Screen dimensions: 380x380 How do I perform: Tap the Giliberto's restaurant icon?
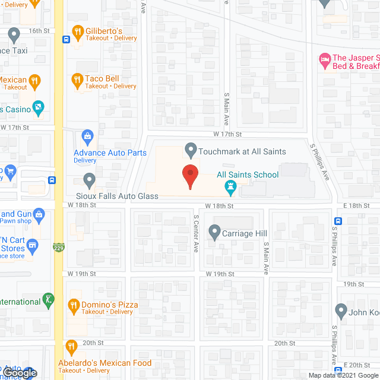point(77,31)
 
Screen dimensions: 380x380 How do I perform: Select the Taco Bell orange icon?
point(77,79)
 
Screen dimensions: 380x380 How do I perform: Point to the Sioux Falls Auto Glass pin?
point(89,179)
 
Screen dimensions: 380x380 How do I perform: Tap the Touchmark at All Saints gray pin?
point(191,149)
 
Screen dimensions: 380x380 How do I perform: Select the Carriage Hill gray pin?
point(214,232)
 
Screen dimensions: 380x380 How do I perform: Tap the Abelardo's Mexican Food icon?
point(71,347)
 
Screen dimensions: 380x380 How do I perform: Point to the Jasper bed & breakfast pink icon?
point(324,59)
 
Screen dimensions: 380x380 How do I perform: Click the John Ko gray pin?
point(341,310)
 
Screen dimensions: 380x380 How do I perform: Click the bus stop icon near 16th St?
point(65,40)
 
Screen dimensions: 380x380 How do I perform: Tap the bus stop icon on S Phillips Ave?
point(337,221)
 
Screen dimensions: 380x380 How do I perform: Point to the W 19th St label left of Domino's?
point(82,274)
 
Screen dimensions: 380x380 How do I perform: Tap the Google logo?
point(19,372)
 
